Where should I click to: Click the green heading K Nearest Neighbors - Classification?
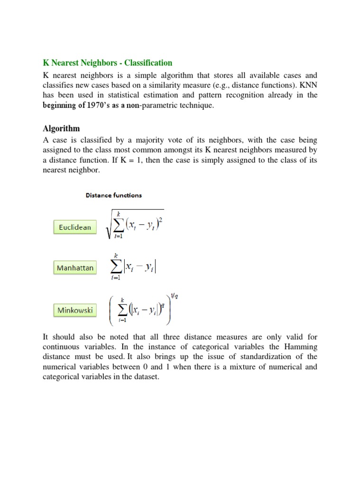coord(108,63)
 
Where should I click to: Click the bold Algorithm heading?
coord(61,128)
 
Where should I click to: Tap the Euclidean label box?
coord(75,227)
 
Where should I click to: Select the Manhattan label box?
coord(75,268)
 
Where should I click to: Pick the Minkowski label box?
coord(75,311)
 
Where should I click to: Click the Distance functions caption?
coord(113,195)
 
